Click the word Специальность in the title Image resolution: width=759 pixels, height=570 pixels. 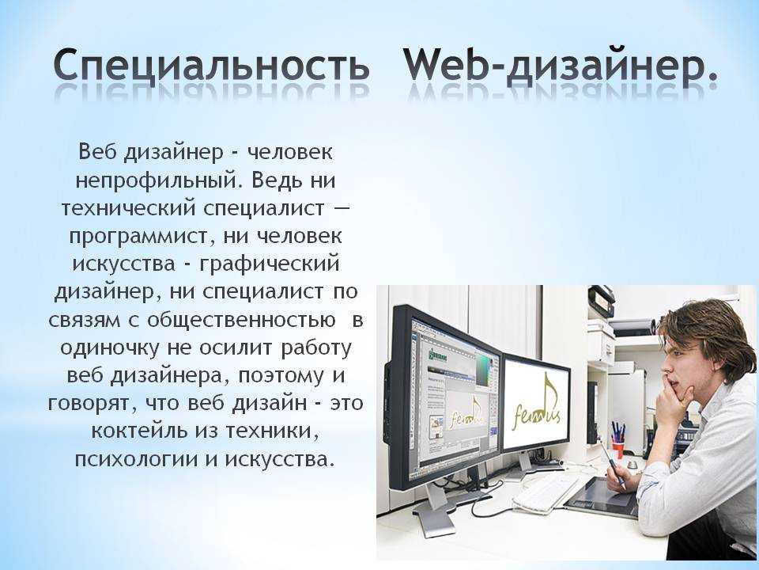(x=212, y=65)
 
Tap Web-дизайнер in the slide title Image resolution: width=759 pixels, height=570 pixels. (x=561, y=65)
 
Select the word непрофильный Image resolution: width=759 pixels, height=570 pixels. (x=158, y=181)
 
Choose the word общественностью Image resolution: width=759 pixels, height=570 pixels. (x=240, y=321)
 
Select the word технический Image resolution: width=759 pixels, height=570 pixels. (x=128, y=209)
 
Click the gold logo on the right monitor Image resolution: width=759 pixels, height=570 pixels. (x=538, y=406)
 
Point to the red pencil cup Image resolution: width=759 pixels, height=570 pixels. (x=618, y=448)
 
